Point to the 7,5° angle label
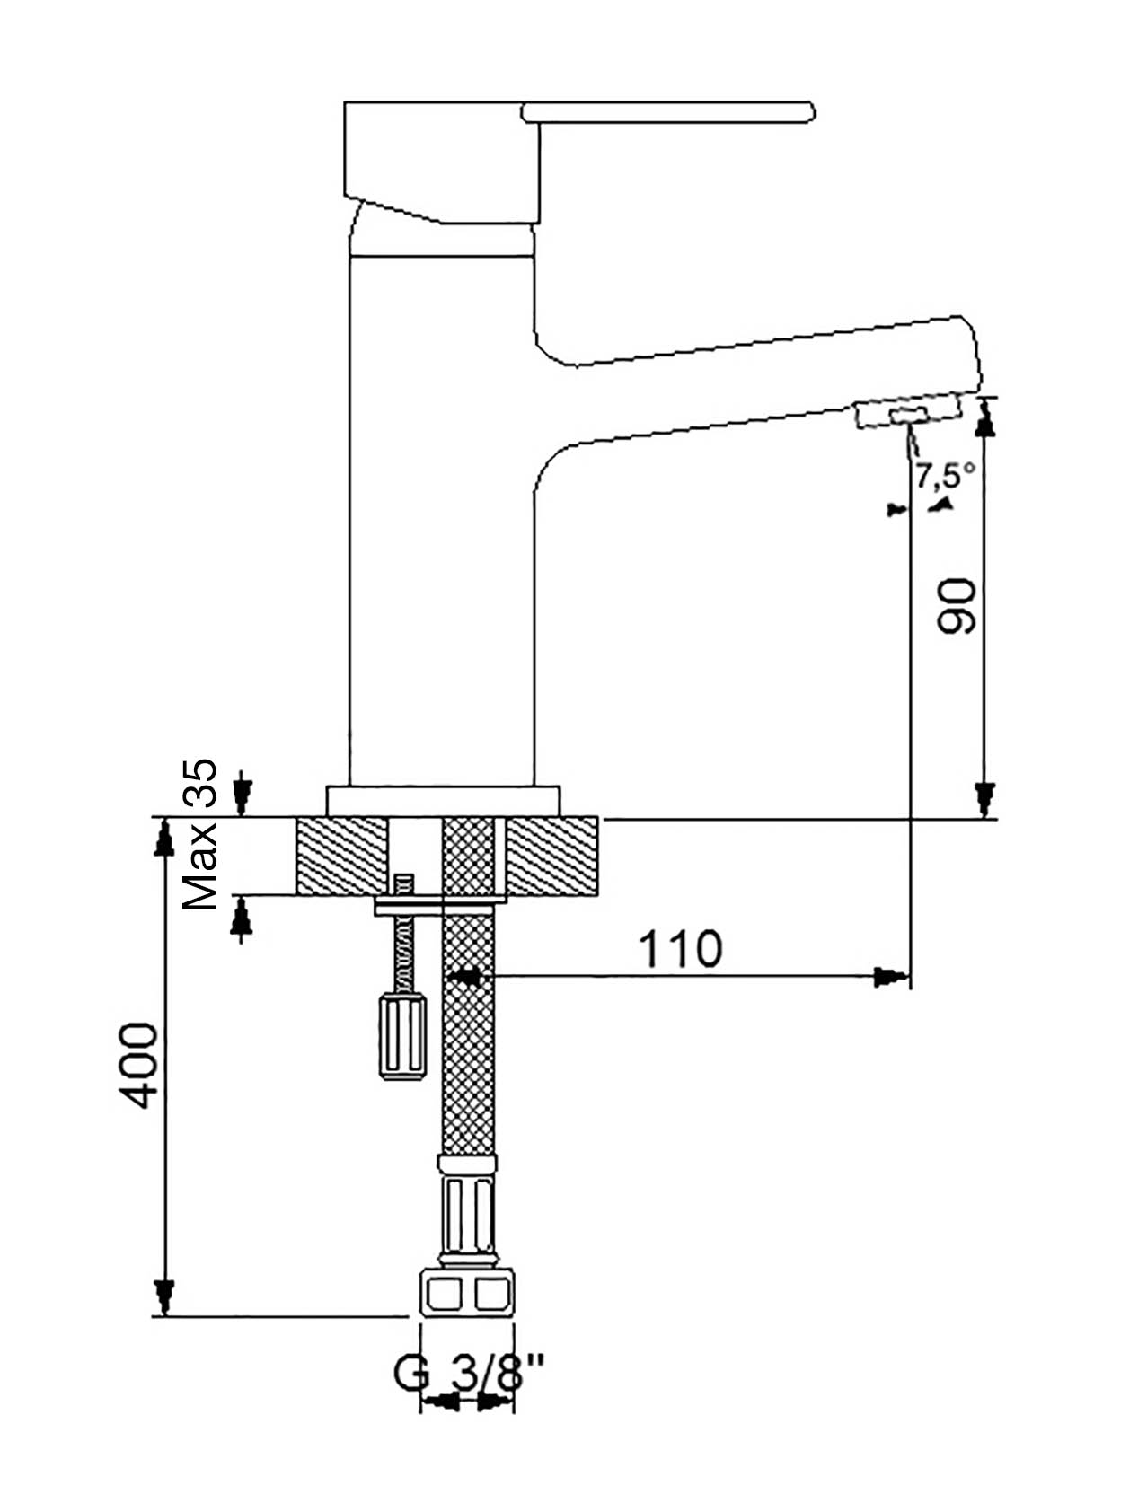coord(944,475)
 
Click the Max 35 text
coord(200,834)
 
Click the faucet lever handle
coord(668,111)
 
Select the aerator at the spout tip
coord(908,413)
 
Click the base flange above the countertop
coord(444,801)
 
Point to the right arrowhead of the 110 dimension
coord(891,976)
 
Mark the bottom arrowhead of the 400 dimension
coord(163,1296)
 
